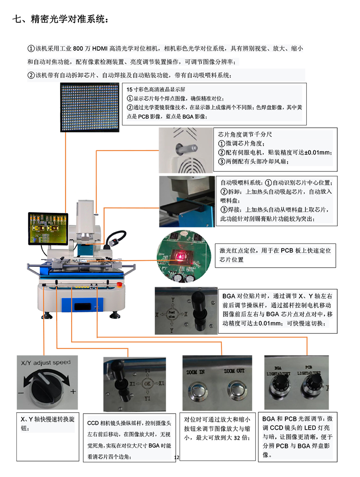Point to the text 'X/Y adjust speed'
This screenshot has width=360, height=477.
(x=46, y=363)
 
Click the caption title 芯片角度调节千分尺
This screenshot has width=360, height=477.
(x=245, y=135)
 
